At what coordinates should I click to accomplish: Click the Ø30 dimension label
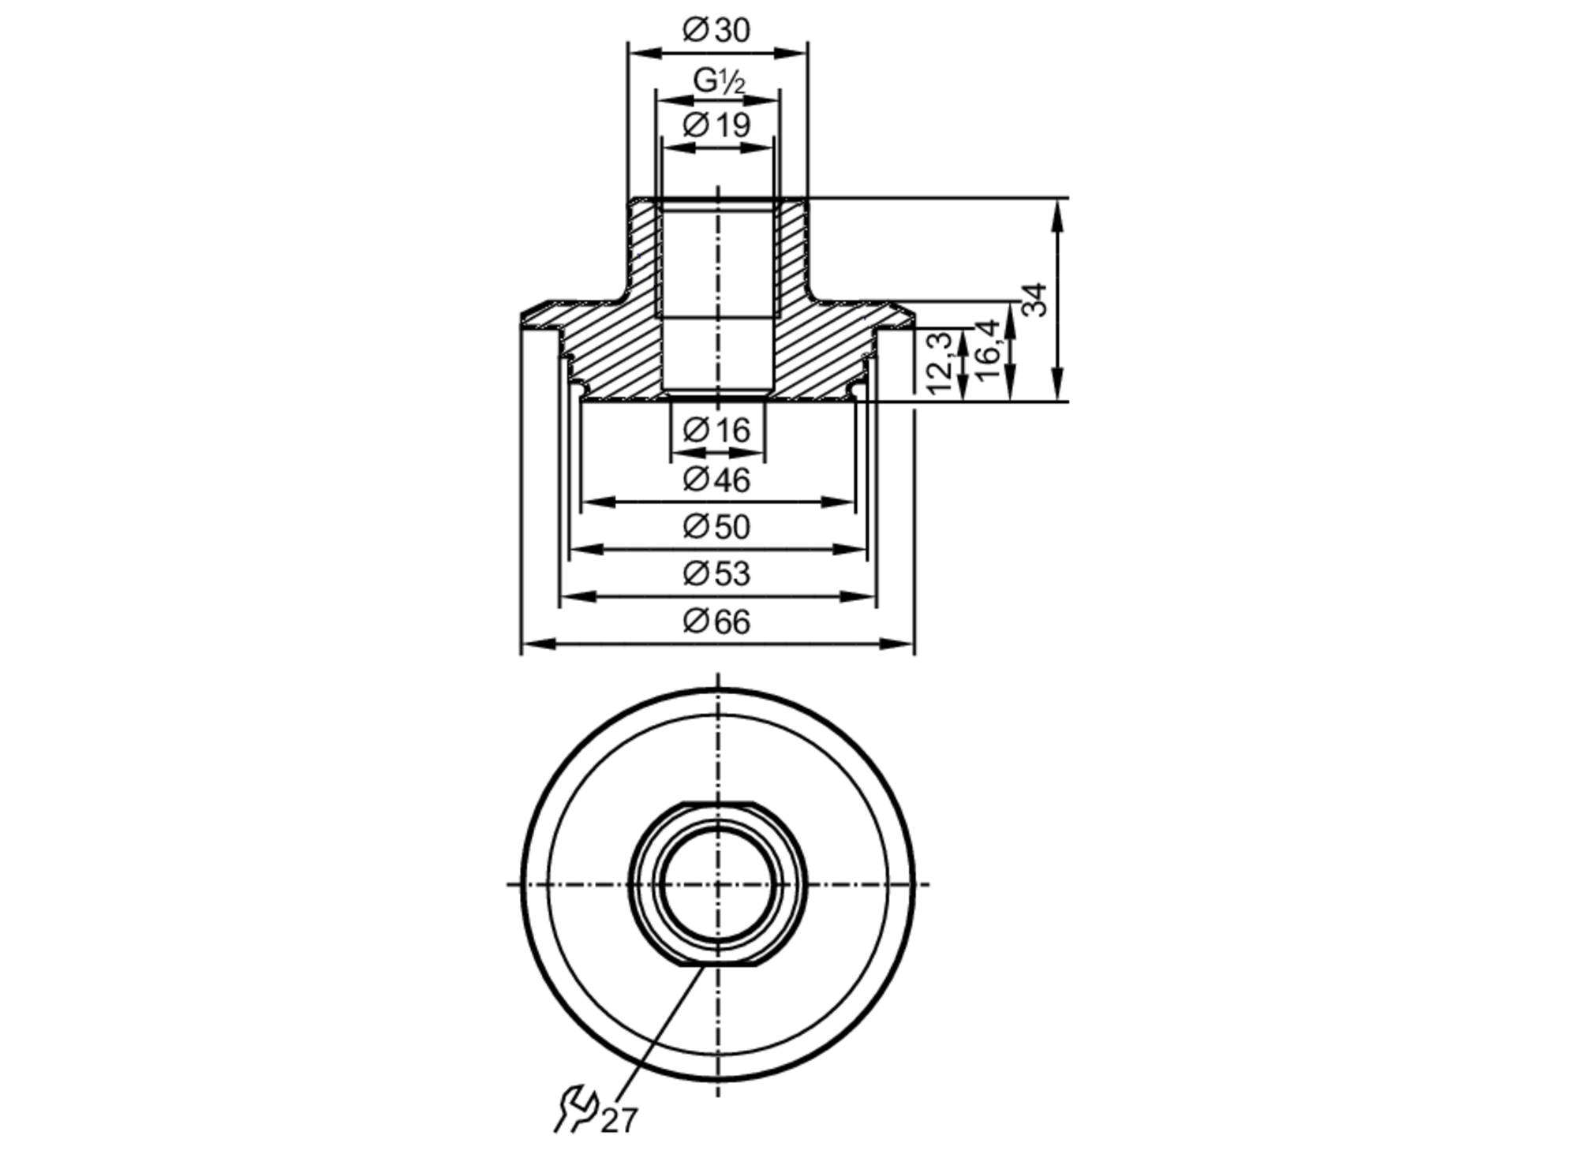pos(716,31)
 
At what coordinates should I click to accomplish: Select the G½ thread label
pos(718,80)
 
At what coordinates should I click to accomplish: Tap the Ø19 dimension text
pos(716,125)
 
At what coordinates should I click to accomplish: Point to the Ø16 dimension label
pos(716,431)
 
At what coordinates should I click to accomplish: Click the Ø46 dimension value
pos(716,480)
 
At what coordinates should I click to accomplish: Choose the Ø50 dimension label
pos(716,527)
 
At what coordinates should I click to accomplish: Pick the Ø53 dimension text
pos(716,574)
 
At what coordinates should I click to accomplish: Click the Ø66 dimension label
pos(716,622)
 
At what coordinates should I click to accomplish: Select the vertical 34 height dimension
pos(1035,300)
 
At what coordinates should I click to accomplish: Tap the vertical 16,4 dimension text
pos(989,351)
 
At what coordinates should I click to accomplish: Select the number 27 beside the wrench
pos(619,1120)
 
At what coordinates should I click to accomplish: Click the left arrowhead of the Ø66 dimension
pos(533,644)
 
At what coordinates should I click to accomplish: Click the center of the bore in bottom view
pos(717,884)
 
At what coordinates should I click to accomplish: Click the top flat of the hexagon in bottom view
pos(717,804)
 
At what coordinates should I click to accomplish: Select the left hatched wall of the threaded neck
pos(643,252)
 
